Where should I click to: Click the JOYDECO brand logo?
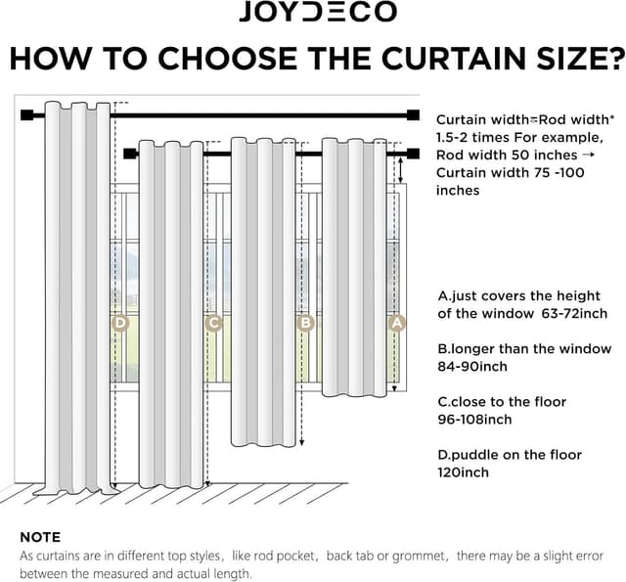point(318,12)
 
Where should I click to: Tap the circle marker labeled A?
point(397,322)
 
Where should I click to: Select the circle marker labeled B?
point(305,322)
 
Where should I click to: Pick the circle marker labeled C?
point(213,322)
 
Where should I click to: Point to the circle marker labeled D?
point(119,322)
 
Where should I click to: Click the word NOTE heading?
point(40,537)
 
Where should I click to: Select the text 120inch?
point(463,472)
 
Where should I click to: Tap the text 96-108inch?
point(474,420)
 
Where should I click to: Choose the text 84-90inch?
point(471,367)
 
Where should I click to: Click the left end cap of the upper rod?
point(25,115)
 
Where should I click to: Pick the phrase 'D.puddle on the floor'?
point(510,455)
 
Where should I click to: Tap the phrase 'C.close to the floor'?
point(502,402)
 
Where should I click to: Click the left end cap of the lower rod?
point(132,154)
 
